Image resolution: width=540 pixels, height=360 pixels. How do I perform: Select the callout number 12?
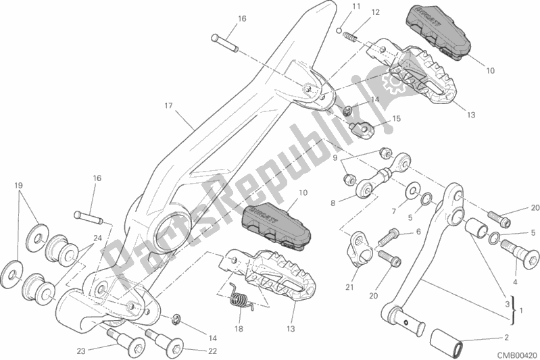click(375, 11)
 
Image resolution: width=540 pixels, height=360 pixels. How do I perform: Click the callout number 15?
click(396, 118)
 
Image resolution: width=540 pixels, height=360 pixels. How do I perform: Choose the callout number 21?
click(349, 288)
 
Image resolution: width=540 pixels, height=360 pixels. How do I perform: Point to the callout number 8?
click(333, 202)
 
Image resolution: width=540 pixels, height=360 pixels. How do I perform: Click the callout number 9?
click(333, 157)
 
